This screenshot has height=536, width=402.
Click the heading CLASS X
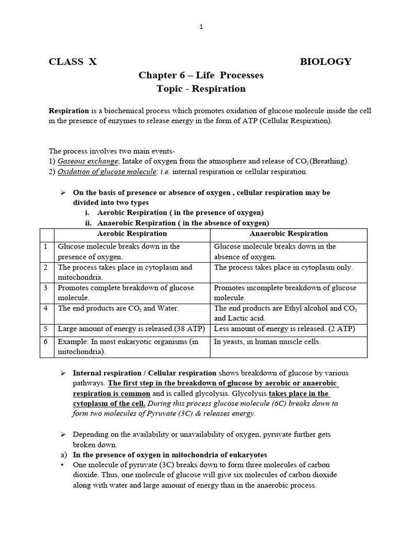(x=73, y=62)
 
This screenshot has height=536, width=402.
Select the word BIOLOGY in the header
(x=325, y=62)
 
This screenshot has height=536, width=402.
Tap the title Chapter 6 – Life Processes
(x=201, y=75)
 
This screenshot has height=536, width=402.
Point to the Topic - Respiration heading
(x=201, y=89)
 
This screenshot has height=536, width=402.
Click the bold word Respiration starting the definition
(x=69, y=111)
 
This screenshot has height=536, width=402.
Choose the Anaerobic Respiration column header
(x=288, y=233)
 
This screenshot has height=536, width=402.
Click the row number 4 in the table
(x=46, y=308)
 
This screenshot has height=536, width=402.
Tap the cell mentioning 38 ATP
(x=131, y=329)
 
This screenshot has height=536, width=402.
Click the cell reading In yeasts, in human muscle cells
(x=267, y=342)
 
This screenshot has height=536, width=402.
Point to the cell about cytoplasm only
(x=283, y=267)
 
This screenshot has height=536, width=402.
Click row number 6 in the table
(x=46, y=342)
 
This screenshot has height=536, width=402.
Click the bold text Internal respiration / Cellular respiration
(x=144, y=373)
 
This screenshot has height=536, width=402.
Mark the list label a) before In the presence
(x=64, y=454)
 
